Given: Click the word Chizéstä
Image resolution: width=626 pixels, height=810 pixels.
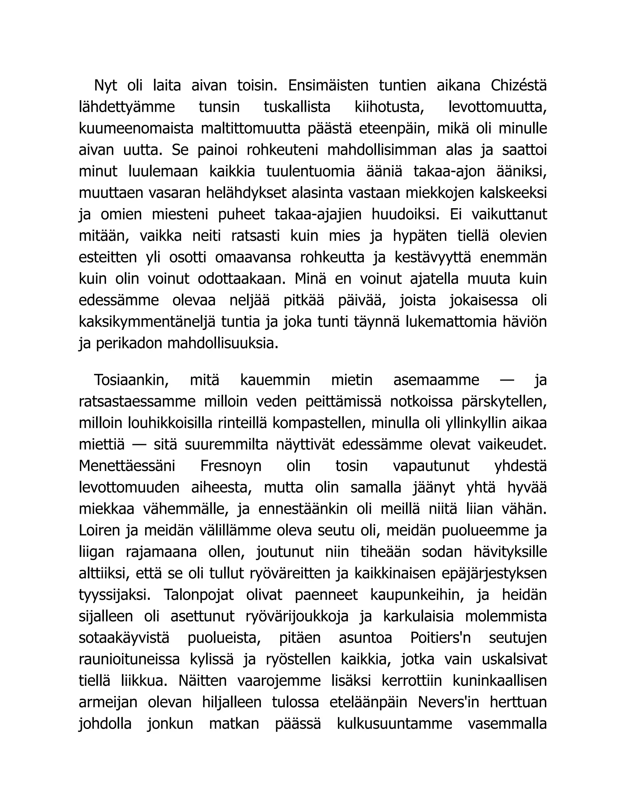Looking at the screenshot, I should pos(518,86).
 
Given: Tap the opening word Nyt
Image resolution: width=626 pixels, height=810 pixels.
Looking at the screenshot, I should pos(105,86).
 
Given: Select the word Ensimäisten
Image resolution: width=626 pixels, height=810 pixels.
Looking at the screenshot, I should pos(328,86).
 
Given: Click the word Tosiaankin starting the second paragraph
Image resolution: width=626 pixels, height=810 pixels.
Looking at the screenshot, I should pos(131,380).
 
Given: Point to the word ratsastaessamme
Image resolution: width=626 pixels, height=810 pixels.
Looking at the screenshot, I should pos(137,402).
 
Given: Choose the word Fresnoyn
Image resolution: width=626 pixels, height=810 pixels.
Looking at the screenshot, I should pos(231,466).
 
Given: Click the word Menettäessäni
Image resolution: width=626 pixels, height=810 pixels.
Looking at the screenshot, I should pos(127,466).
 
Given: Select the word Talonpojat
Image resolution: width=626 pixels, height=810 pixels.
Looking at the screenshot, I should pos(199,595).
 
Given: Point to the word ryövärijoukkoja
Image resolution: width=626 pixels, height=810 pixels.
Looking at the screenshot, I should pos(297,616).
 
